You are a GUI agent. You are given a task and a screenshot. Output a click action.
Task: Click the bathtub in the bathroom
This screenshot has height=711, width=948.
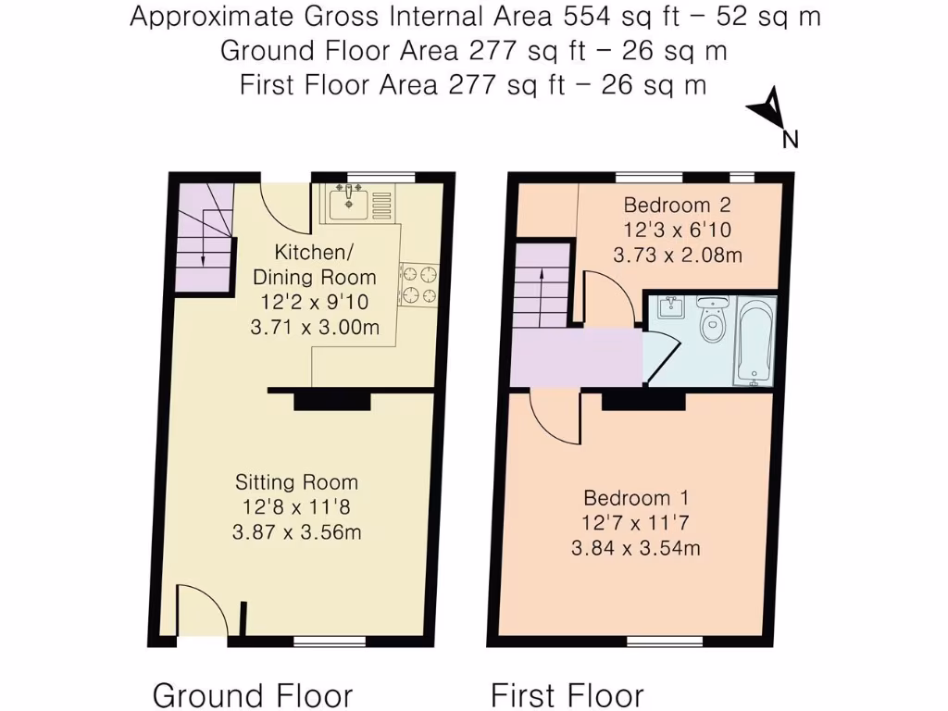tap(755, 341)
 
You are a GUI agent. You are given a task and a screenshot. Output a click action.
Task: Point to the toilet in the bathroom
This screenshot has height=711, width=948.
tap(712, 319)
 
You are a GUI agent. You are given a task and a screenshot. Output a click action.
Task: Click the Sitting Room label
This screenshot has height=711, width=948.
tap(296, 482)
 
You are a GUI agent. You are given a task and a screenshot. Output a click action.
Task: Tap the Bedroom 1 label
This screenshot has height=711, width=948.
tap(634, 498)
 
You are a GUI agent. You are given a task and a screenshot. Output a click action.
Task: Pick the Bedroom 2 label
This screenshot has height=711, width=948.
tap(678, 206)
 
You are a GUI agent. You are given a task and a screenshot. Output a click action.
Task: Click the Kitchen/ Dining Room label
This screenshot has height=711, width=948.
tap(315, 264)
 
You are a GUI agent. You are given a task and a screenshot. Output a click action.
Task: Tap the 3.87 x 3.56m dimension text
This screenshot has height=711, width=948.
tap(296, 532)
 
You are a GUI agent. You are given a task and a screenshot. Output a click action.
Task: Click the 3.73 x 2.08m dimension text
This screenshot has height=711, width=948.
tap(678, 256)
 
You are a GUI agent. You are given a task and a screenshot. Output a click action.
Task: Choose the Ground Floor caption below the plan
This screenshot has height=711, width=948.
tap(252, 694)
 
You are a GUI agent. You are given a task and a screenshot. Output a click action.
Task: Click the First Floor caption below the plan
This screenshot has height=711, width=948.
tap(567, 694)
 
